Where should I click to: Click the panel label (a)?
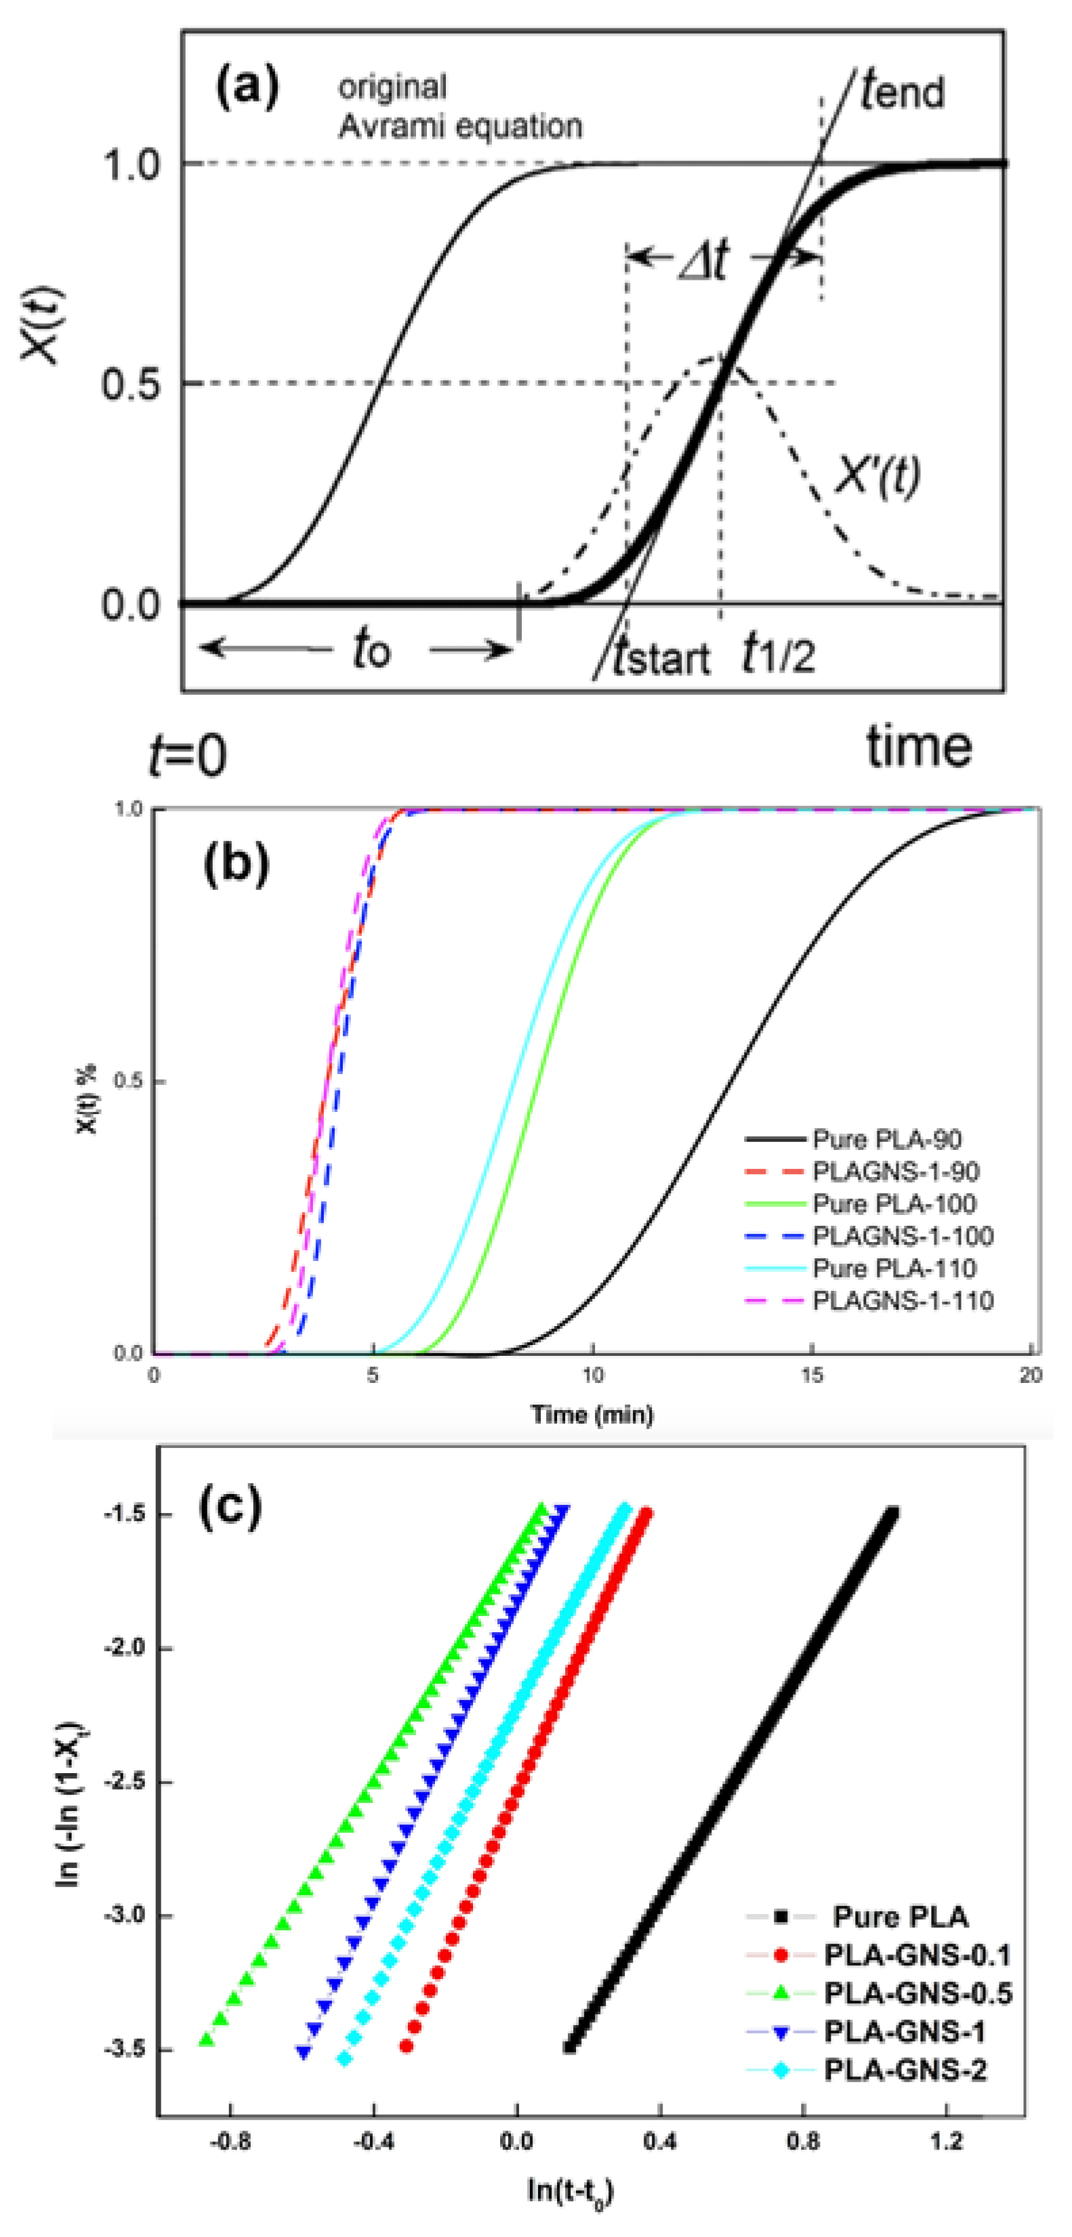point(247,89)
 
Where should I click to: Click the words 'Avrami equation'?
point(459,127)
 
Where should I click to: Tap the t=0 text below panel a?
point(188,754)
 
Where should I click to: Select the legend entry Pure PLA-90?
point(886,1139)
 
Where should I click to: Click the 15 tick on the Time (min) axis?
point(811,1376)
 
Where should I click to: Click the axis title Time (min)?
point(592,1415)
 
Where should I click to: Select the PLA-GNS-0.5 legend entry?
point(918,1993)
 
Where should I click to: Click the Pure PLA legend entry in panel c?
point(900,1917)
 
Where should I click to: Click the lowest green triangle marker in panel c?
point(207,2040)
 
